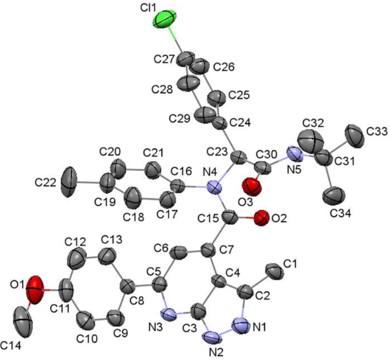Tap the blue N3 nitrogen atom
[168, 315]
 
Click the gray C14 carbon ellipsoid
[24, 319]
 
